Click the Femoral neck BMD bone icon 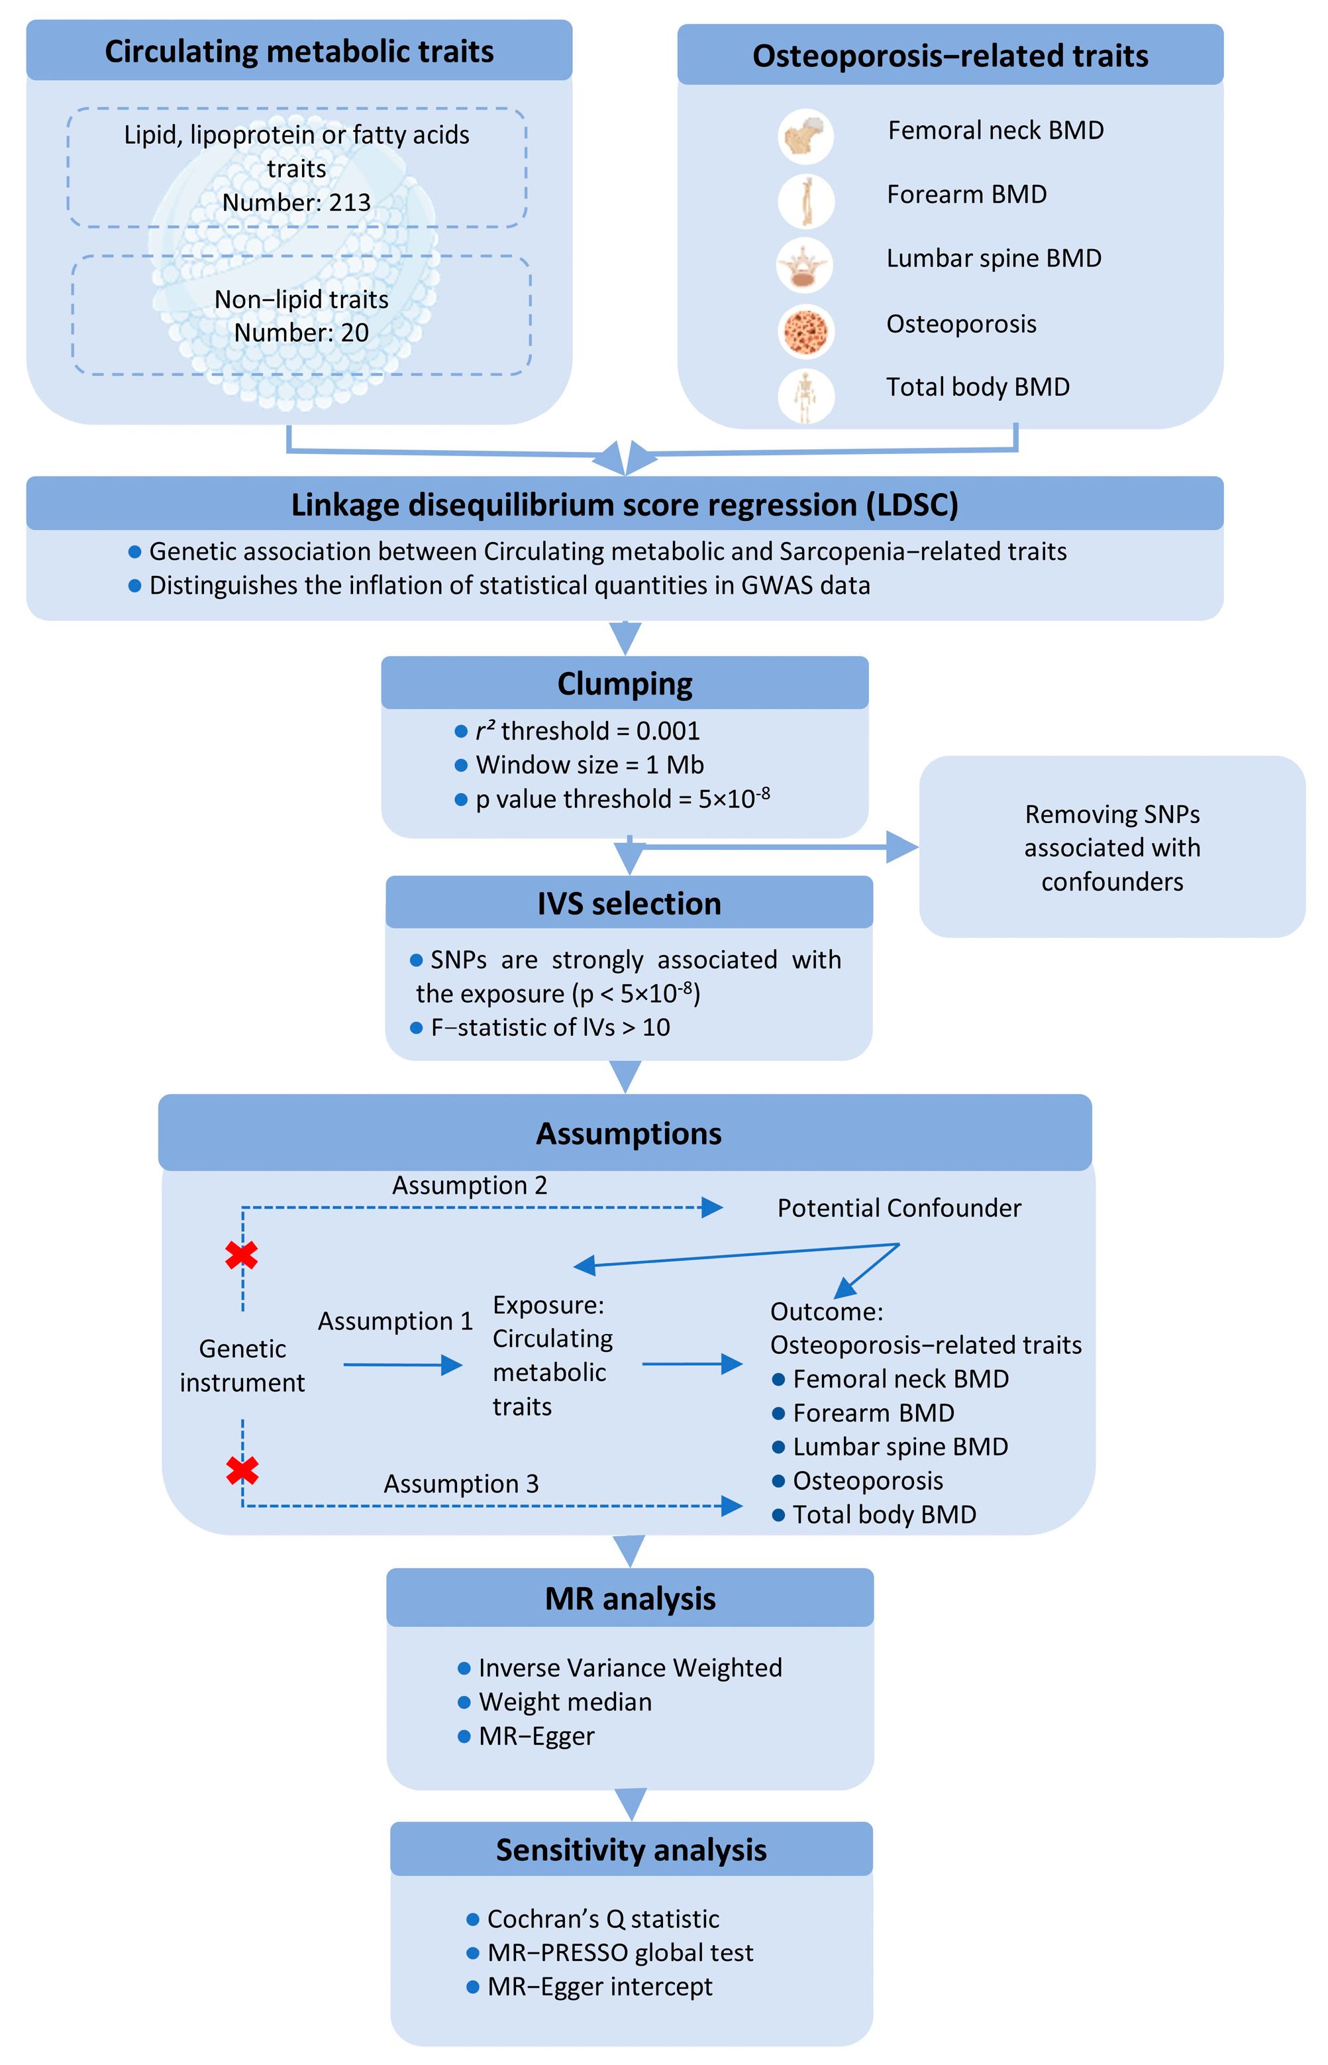[x=805, y=137]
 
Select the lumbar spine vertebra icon [x=805, y=266]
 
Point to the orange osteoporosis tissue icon [x=805, y=331]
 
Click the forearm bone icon [x=806, y=201]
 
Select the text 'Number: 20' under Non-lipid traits [x=301, y=332]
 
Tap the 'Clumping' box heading [x=625, y=683]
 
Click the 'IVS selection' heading [x=629, y=903]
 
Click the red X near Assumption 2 [x=242, y=1255]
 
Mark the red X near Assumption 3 [x=242, y=1471]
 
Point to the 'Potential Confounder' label [x=899, y=1207]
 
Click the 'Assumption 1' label [x=395, y=1321]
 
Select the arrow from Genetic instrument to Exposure [x=403, y=1365]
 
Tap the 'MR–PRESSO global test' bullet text [x=619, y=1952]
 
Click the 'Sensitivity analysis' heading [x=631, y=1850]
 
